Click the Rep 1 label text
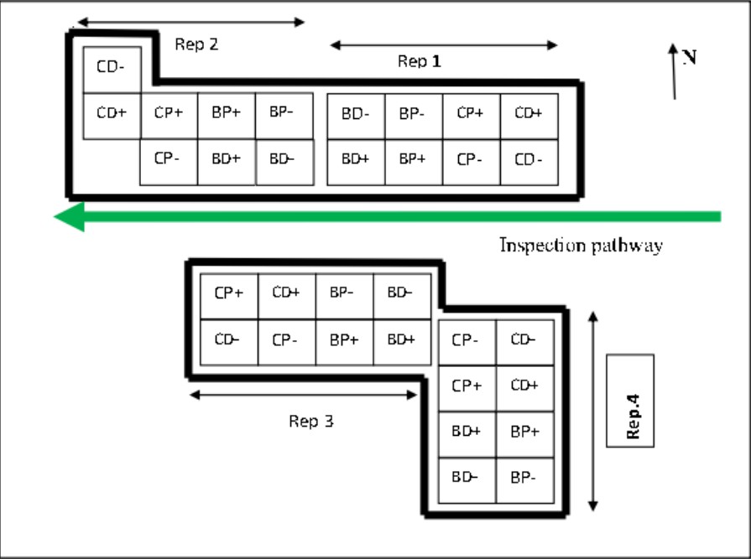click(x=419, y=61)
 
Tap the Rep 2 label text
click(x=196, y=44)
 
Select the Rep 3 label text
click(x=310, y=422)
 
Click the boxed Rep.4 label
click(x=630, y=401)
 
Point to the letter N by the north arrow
click(x=690, y=57)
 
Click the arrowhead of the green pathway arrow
click(x=70, y=216)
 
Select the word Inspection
click(x=543, y=245)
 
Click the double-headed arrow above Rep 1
click(x=444, y=45)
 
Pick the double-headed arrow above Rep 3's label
click(x=303, y=395)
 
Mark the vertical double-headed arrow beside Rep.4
click(x=593, y=411)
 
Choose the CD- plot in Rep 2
click(x=112, y=70)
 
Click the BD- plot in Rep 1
click(x=356, y=116)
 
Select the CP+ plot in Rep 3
click(x=229, y=296)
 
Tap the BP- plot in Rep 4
click(x=525, y=480)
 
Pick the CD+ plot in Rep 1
click(x=529, y=116)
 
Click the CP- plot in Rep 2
click(x=169, y=162)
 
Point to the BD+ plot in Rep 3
click(x=402, y=342)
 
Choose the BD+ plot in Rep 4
click(x=467, y=435)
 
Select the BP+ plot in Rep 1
click(x=414, y=162)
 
